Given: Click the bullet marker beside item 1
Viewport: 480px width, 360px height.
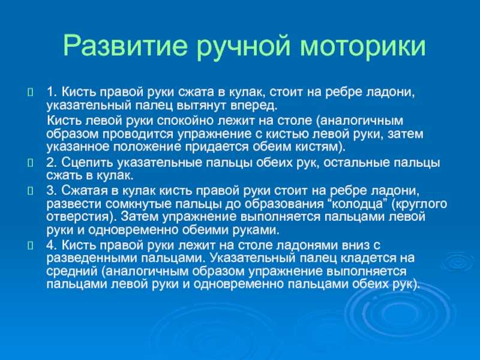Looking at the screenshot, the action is click(30, 92).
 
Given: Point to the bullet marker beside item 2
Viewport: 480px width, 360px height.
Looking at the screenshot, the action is click(30, 163).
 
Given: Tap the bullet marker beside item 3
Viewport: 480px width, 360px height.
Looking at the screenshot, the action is click(30, 191).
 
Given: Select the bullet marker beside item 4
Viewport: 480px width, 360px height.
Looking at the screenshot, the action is click(30, 245).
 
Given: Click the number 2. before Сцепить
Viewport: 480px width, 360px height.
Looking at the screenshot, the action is click(52, 163).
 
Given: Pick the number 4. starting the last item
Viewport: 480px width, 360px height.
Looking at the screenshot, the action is click(52, 245).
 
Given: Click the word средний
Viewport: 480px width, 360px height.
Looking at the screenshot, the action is click(72, 272).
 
